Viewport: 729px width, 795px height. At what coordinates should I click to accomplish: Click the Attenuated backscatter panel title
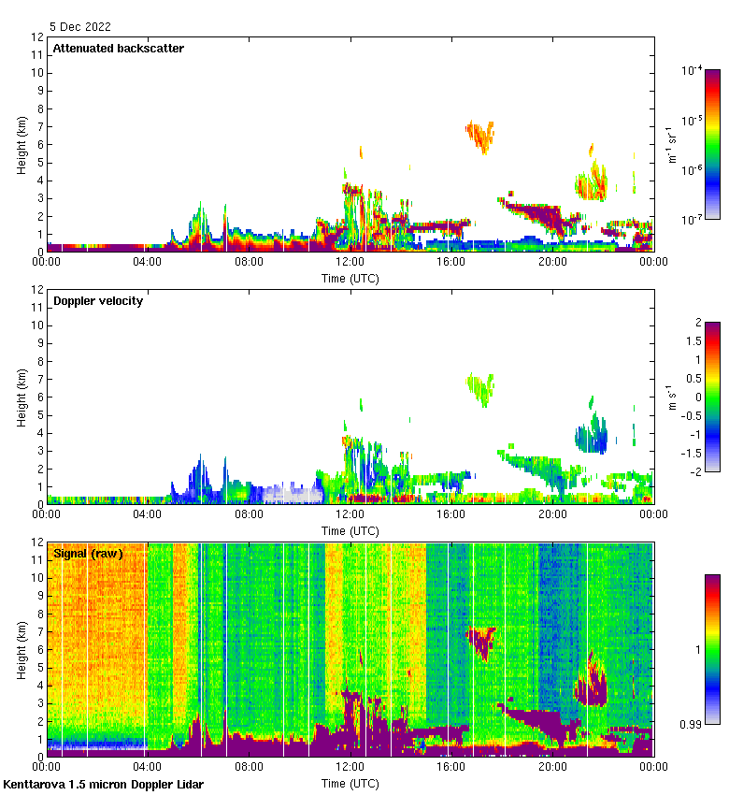click(x=118, y=49)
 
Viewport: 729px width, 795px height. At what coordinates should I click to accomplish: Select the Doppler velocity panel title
click(x=98, y=301)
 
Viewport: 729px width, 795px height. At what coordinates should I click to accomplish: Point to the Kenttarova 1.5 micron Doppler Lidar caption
click(x=103, y=784)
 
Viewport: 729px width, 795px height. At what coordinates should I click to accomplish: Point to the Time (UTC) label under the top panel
click(x=350, y=279)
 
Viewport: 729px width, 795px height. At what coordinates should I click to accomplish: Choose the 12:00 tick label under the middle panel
click(x=350, y=513)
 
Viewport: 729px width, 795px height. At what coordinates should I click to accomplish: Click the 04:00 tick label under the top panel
click(x=148, y=262)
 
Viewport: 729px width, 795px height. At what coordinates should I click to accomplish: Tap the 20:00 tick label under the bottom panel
click(x=552, y=766)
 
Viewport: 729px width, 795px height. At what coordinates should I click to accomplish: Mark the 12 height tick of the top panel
click(x=38, y=37)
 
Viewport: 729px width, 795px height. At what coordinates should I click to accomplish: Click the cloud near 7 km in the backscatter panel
click(x=480, y=135)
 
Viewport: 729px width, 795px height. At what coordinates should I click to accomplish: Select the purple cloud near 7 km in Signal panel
click(x=482, y=641)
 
